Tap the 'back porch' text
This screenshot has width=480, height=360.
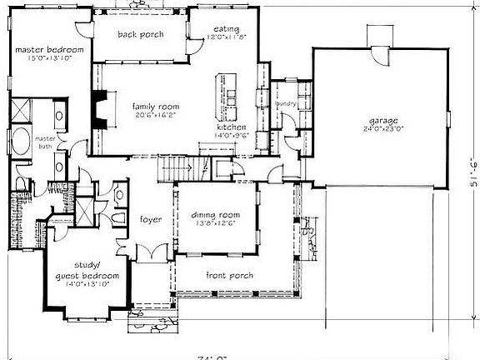click(139, 34)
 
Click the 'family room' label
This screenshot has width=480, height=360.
click(154, 107)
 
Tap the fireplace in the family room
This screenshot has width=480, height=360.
click(100, 108)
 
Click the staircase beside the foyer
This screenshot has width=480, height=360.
click(177, 168)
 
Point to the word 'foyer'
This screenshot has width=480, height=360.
click(151, 220)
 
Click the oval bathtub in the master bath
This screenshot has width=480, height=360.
click(22, 139)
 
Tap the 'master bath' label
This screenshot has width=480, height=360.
click(45, 142)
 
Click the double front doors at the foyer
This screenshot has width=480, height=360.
click(150, 252)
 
